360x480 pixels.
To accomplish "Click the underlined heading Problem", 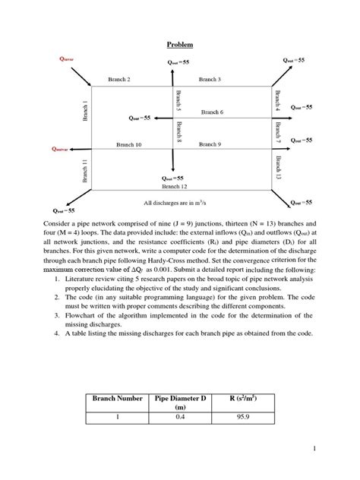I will point(179,45).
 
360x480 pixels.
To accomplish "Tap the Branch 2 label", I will point(118,79).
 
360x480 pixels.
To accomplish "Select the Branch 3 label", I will point(210,79).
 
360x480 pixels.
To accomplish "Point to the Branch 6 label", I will point(212,112).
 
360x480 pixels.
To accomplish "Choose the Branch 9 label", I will point(210,144).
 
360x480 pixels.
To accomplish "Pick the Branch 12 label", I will point(175,185).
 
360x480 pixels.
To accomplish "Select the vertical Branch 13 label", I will point(277,169).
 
